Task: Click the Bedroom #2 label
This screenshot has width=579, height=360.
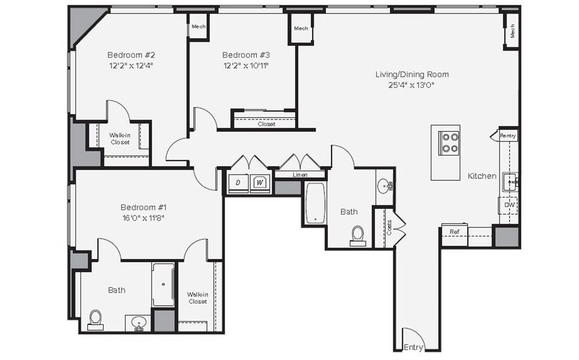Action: tap(131, 55)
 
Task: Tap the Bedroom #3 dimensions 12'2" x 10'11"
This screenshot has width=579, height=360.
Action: tap(245, 66)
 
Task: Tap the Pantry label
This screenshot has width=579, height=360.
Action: tap(508, 136)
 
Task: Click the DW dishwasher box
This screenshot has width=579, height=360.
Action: tap(509, 205)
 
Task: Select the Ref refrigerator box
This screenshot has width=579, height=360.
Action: tap(454, 232)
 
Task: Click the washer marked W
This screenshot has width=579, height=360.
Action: tap(260, 183)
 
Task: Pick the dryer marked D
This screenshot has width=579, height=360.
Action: tap(238, 183)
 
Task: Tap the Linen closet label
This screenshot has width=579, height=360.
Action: tap(300, 175)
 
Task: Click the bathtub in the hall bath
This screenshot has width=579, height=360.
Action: tap(314, 203)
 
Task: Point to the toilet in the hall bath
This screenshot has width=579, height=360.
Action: tap(357, 235)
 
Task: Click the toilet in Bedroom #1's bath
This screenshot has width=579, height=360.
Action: tap(95, 319)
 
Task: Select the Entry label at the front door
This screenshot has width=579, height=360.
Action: tap(413, 347)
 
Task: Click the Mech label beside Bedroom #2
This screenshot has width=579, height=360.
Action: tap(198, 27)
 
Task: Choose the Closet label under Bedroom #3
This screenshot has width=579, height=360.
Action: tap(266, 124)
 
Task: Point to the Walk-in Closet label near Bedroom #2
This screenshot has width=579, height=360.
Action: tap(120, 139)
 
